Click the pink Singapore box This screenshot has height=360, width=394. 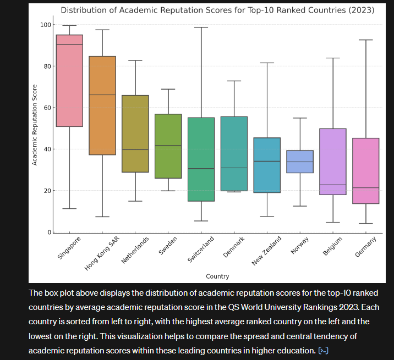point(69,82)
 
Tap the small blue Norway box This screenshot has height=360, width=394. point(300,162)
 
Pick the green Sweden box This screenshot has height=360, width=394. point(168,146)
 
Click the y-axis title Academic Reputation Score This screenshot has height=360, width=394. point(34,124)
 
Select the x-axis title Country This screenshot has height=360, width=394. point(217,276)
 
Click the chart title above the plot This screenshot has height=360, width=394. point(217,10)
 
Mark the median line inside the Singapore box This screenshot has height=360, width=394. point(69,45)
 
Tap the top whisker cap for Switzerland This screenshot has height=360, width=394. point(201,27)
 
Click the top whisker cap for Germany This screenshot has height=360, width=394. point(365,40)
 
